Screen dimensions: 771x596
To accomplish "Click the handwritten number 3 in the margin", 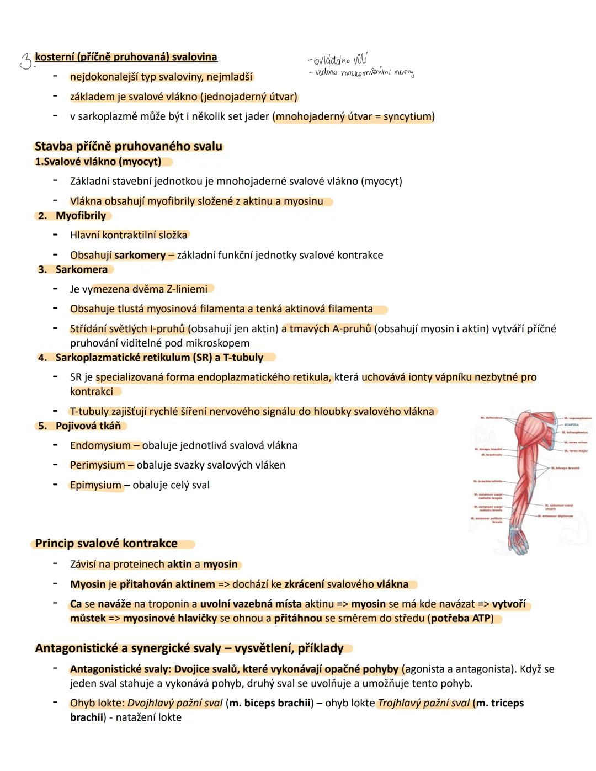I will click(25, 61).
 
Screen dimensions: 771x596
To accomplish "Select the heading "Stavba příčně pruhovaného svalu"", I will click(128, 146).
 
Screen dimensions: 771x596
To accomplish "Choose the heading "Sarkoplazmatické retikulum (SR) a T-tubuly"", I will click(159, 358).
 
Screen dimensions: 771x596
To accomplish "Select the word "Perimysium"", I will click(97, 465).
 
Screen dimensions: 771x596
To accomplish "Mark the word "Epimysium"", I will click(95, 485).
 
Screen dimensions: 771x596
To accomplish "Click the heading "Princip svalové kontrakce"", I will click(106, 544).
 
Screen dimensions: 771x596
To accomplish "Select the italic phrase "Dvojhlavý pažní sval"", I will click(175, 703).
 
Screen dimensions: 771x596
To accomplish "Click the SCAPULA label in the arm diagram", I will click(571, 425).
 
